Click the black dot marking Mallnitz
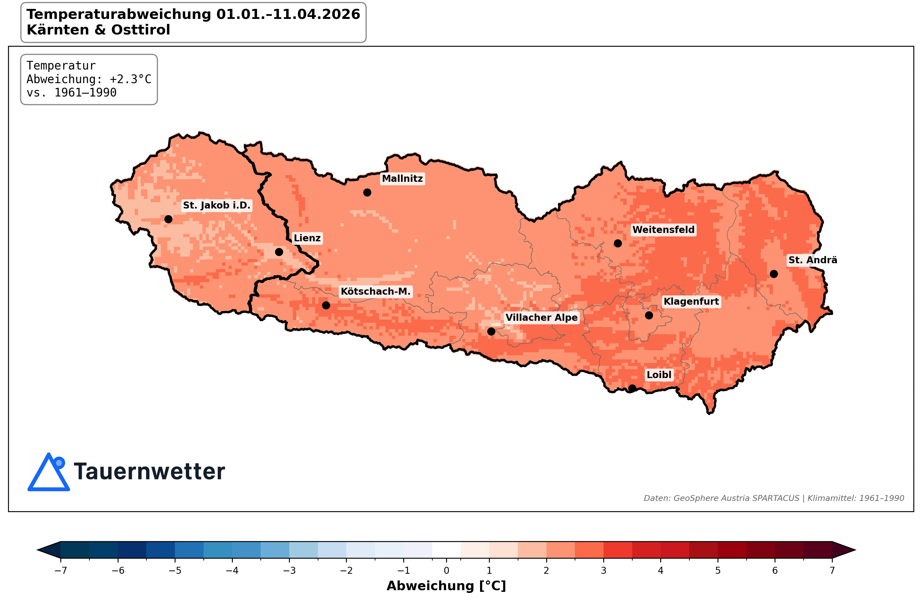[x=367, y=192]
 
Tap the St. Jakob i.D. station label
[x=217, y=205]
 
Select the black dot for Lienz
[x=279, y=252]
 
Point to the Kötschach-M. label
[x=375, y=291]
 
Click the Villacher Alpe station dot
[x=491, y=331]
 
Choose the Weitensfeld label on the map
[x=663, y=230]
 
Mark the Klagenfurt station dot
[x=649, y=316]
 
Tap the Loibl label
[x=659, y=374]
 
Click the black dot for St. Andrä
[x=774, y=274]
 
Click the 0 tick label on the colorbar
[x=446, y=570]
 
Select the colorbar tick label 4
[x=661, y=570]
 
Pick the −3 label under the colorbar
[x=289, y=570]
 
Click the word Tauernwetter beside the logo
[x=149, y=472]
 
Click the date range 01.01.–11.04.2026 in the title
[x=288, y=14]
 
